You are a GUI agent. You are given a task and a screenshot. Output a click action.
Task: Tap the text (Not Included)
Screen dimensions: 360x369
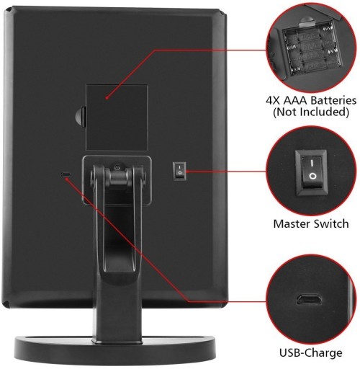click(311, 112)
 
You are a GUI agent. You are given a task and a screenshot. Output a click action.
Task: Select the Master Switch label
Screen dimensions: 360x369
click(311, 223)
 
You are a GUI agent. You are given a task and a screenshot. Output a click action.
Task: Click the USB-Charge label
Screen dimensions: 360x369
click(311, 353)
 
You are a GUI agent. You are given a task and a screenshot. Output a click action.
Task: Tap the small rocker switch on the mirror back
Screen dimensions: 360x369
click(179, 171)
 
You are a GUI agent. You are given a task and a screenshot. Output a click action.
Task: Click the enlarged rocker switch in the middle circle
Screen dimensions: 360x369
click(312, 172)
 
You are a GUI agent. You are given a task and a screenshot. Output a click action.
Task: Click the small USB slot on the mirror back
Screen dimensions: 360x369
click(66, 174)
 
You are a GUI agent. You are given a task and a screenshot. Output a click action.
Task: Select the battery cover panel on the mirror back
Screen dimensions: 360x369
click(117, 117)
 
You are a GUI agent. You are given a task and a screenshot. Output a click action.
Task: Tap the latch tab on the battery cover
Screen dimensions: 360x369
click(81, 117)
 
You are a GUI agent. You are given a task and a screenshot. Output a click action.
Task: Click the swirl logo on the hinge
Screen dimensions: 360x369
click(117, 167)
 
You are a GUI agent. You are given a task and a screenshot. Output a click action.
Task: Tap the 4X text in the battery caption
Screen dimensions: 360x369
click(273, 100)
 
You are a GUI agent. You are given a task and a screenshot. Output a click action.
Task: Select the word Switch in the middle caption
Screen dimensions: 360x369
click(331, 223)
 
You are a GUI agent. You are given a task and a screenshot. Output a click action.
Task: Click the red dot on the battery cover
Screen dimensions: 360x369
click(107, 98)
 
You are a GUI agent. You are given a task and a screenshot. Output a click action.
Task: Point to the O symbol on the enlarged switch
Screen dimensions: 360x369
click(312, 177)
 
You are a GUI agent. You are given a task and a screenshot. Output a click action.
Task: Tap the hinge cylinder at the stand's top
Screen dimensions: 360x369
click(118, 177)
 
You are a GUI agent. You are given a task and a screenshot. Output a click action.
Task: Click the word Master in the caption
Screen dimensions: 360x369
click(292, 223)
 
